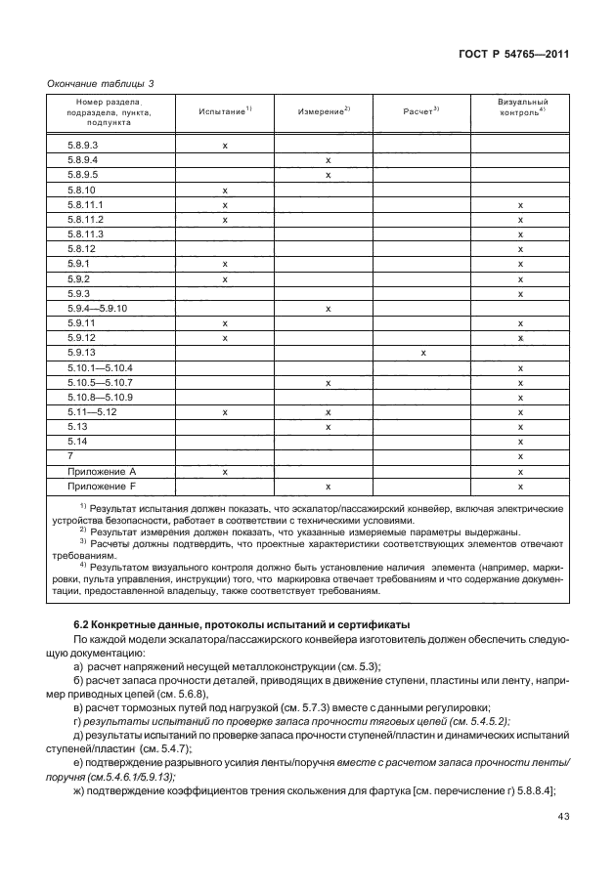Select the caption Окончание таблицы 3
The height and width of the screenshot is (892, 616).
click(101, 84)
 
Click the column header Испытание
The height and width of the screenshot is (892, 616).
click(225, 112)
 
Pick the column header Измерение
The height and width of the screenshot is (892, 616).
click(324, 112)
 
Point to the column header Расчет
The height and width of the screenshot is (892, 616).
click(421, 112)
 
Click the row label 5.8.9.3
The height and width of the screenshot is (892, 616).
click(83, 145)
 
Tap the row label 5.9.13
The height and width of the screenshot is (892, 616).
click(81, 353)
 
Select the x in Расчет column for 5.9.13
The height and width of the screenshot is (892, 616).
click(422, 353)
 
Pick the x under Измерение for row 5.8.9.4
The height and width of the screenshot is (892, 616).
click(329, 160)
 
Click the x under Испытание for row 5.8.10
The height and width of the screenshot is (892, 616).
click(225, 190)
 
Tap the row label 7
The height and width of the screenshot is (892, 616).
click(71, 456)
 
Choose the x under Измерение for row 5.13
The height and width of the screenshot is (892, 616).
click(329, 427)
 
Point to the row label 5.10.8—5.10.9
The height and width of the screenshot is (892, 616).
click(100, 397)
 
